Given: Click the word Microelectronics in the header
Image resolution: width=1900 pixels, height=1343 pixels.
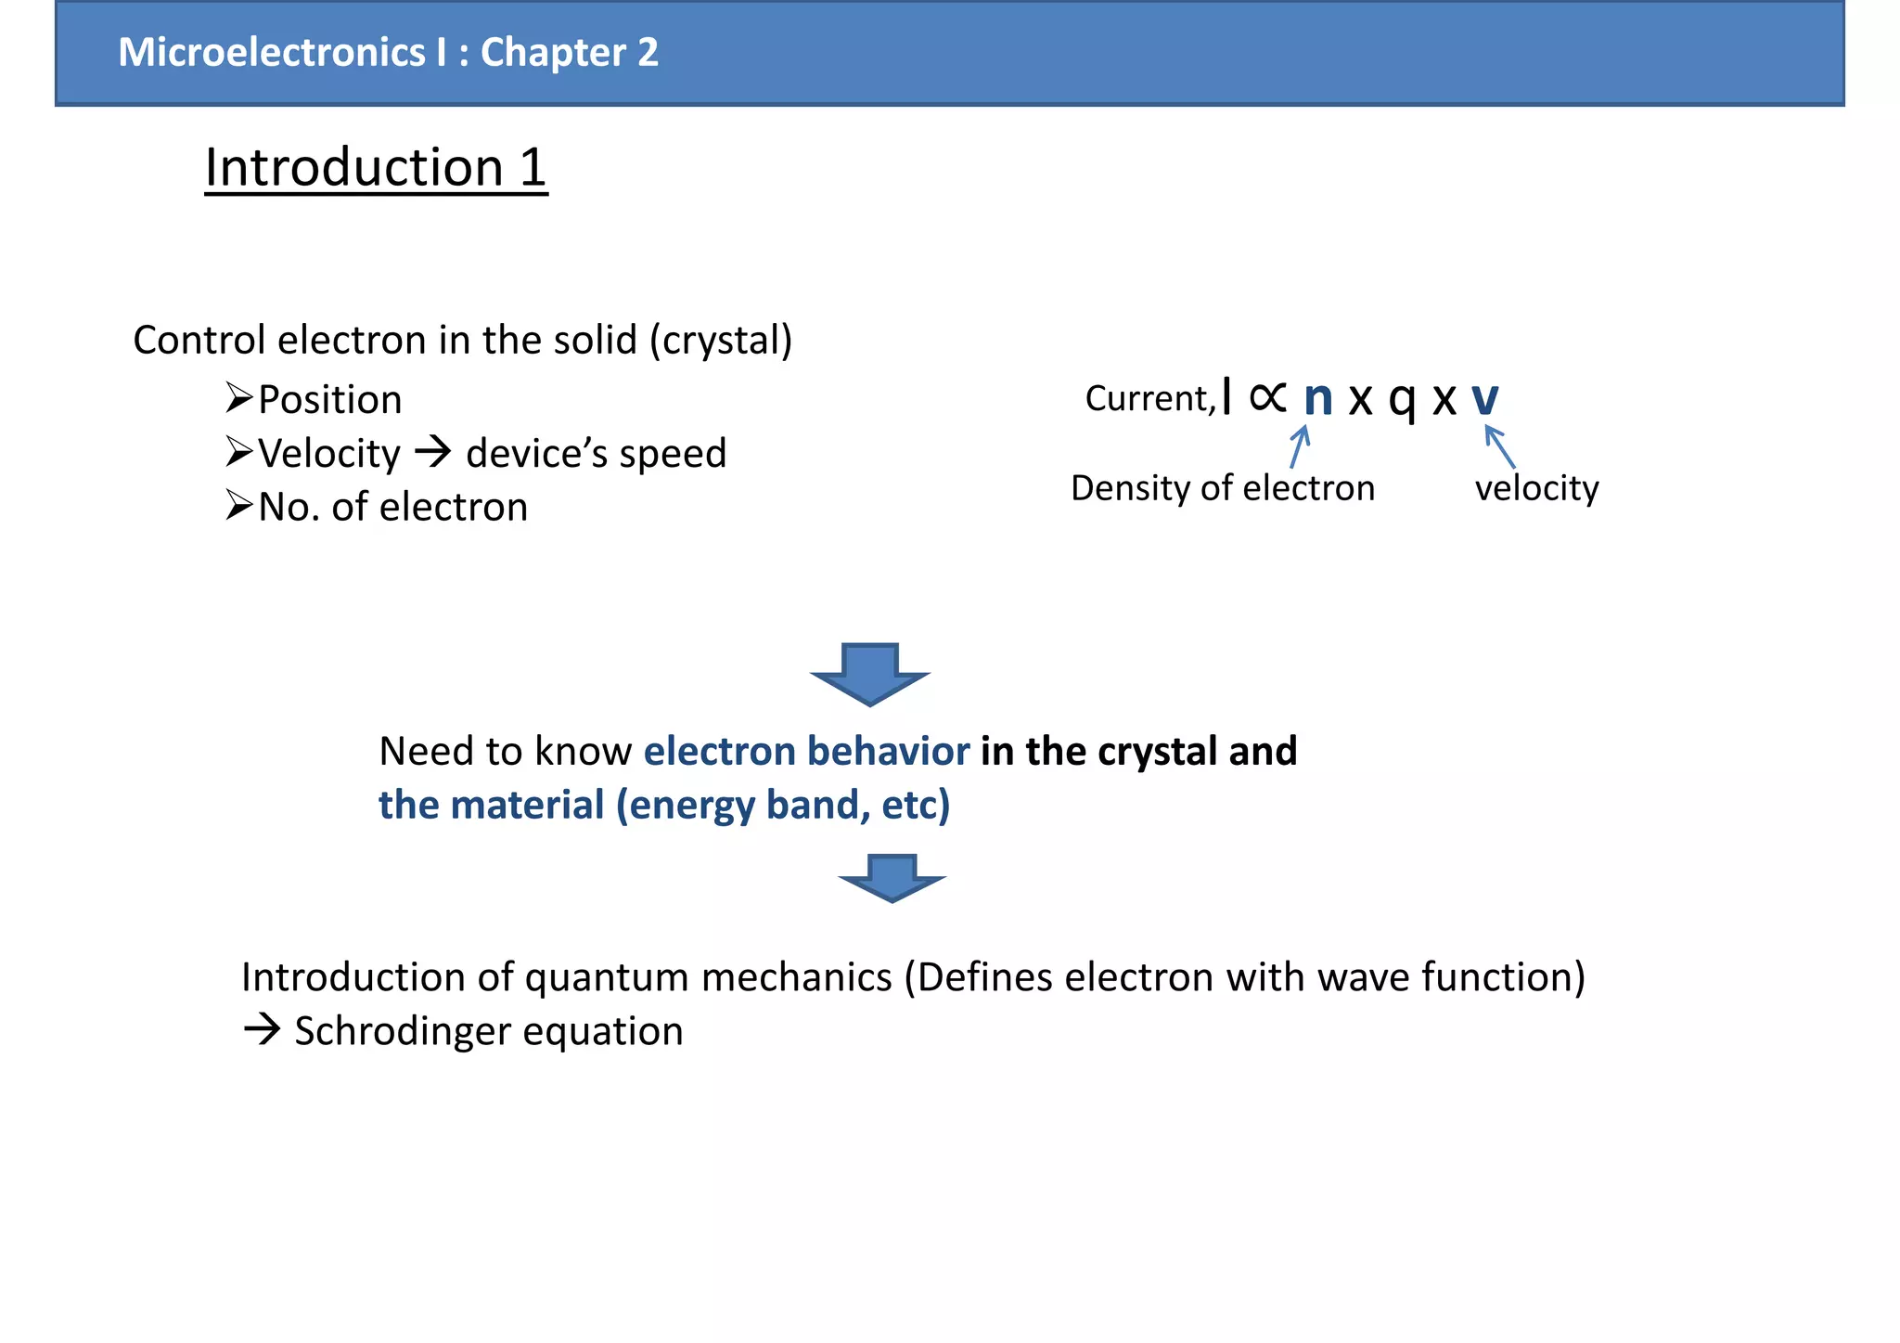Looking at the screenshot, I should tap(272, 53).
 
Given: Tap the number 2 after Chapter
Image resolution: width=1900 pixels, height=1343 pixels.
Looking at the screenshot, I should tap(648, 53).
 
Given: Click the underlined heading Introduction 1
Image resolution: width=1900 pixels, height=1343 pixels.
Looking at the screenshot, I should tap(376, 168).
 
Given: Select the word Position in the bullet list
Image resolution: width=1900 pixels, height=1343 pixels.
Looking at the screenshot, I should tap(329, 400).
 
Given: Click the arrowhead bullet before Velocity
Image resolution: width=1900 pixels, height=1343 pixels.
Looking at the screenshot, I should tap(239, 452).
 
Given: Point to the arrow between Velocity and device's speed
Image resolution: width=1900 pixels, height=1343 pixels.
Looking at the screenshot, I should tap(432, 453).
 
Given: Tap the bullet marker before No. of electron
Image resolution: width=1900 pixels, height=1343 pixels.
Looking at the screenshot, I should tap(239, 506).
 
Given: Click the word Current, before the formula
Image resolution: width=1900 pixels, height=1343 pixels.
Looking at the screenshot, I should tap(1149, 398).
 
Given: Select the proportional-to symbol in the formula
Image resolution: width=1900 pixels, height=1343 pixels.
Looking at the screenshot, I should tap(1267, 397).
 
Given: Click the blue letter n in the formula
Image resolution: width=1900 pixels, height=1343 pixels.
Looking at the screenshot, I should tap(1317, 399).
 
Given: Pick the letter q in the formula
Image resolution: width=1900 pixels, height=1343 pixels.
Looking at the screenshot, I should tap(1402, 401).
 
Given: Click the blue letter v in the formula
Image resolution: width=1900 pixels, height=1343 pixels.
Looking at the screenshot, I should tap(1484, 399).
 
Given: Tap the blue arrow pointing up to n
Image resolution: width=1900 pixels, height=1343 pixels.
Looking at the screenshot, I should tap(1300, 446).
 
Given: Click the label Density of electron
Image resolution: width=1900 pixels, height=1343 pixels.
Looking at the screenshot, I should tap(1222, 488).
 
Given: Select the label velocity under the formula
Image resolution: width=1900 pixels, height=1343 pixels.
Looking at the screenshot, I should tap(1536, 488).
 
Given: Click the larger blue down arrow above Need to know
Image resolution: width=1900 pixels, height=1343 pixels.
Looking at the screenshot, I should tap(869, 674).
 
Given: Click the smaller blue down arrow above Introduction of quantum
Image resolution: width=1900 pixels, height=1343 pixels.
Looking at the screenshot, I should tap(892, 877).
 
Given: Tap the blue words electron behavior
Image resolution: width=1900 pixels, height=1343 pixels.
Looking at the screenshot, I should tap(806, 751).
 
